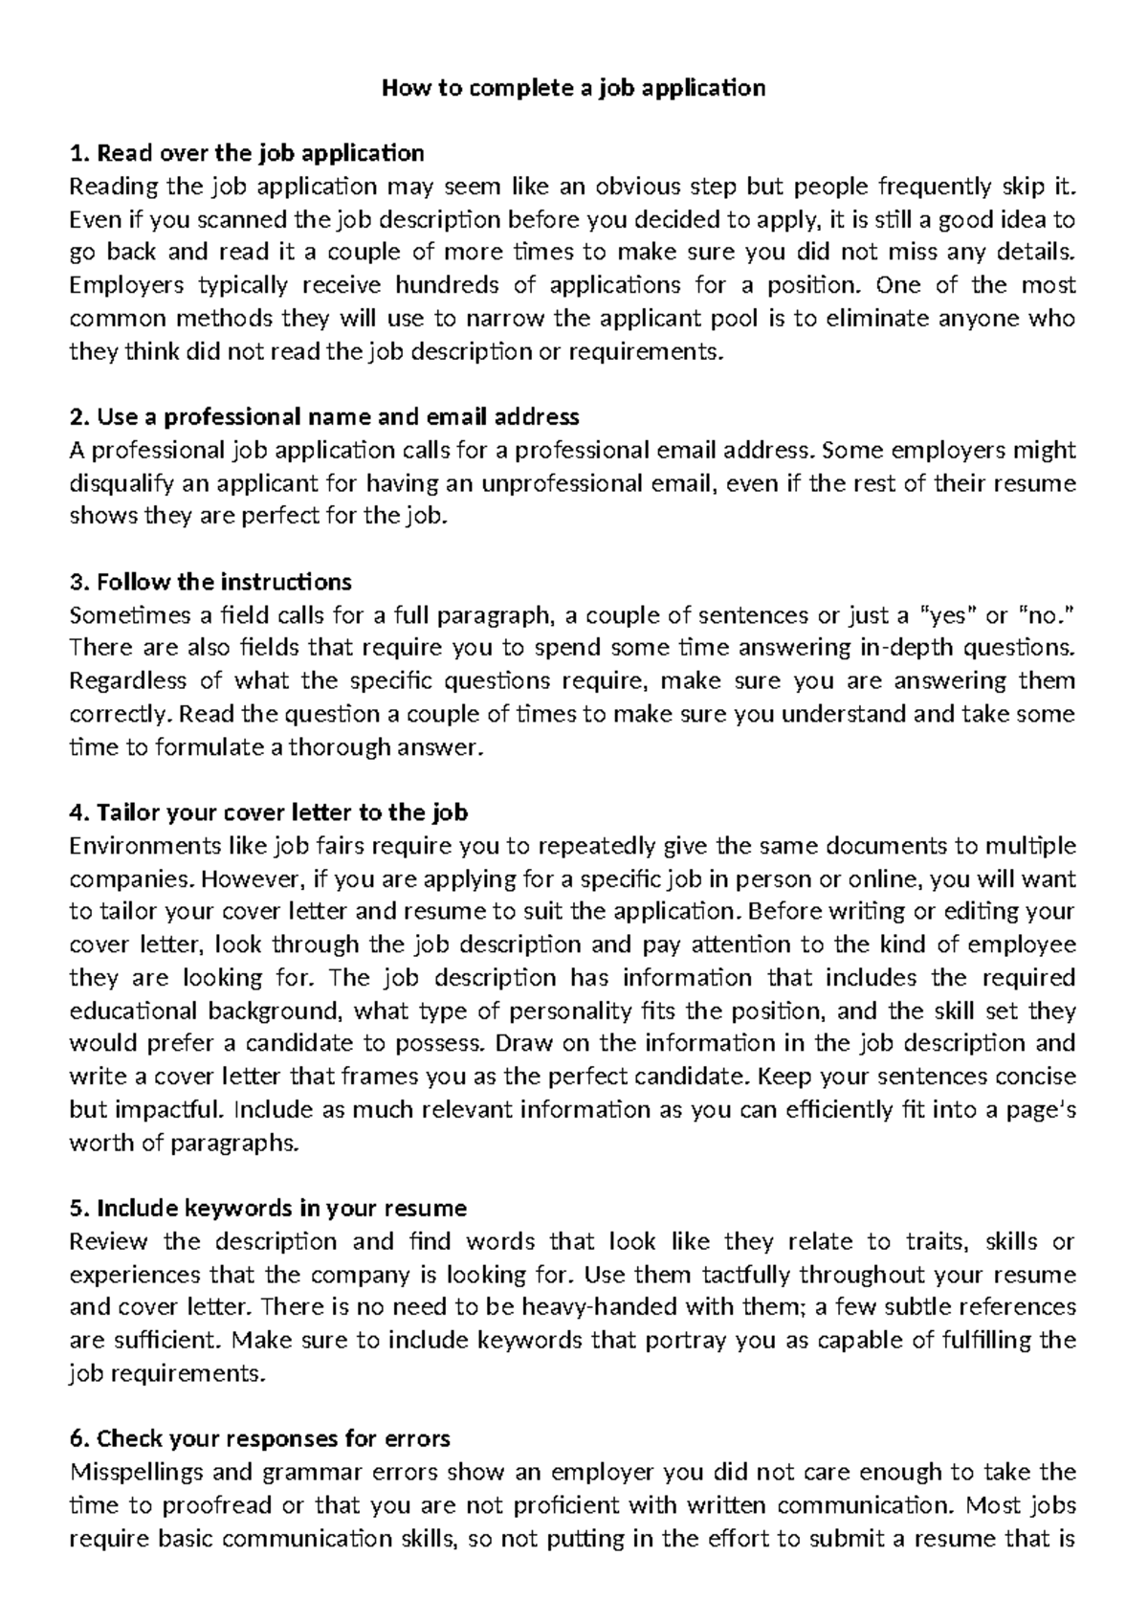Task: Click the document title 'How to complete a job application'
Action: click(x=574, y=89)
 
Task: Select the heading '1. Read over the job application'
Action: click(x=247, y=153)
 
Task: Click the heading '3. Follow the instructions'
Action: click(x=211, y=582)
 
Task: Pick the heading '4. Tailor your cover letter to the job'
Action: click(x=269, y=813)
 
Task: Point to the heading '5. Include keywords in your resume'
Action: click(x=268, y=1209)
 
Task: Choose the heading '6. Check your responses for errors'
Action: click(x=260, y=1439)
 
